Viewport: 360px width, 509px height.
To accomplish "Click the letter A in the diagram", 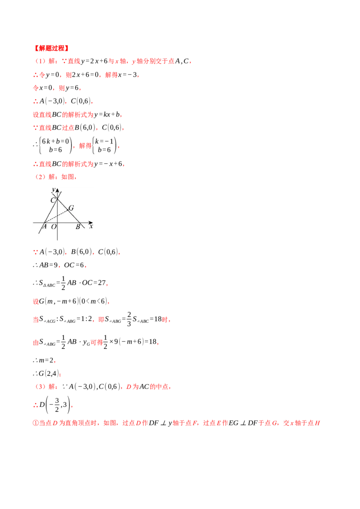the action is (45, 227).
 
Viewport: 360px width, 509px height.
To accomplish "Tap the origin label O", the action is (54, 227).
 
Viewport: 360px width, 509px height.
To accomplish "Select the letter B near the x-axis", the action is (77, 227).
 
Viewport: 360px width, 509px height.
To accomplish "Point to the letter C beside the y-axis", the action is (53, 201).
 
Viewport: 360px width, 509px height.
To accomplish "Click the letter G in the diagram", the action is (71, 208).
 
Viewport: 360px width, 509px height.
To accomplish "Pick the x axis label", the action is (91, 226).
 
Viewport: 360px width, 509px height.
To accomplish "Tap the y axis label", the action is (54, 189).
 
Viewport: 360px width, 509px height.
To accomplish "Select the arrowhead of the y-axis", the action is (57, 190).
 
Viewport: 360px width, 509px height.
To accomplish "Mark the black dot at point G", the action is (68, 210).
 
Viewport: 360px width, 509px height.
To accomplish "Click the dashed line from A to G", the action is (56, 217).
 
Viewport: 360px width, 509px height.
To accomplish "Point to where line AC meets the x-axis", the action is (45, 223).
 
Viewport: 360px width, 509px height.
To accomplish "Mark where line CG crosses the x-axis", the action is (80, 223).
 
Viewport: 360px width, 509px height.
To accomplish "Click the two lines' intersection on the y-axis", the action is (57, 199).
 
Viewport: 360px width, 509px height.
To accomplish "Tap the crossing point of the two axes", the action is (57, 223).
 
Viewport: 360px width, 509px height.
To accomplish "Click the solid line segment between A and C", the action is (51, 211).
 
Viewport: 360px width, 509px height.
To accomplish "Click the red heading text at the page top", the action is (50, 48).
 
